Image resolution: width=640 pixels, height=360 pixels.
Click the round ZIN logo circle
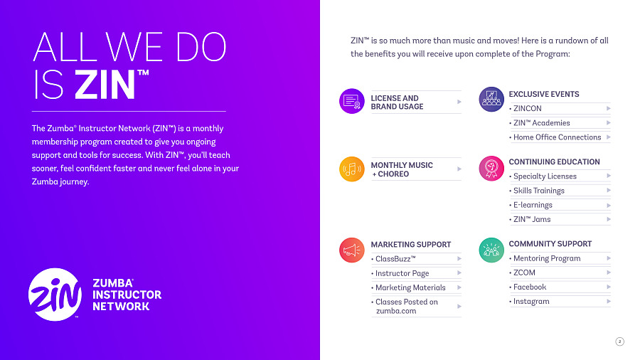pos(55,295)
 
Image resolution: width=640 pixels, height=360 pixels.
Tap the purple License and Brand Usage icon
pos(352,101)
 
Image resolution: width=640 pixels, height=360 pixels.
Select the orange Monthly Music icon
pos(352,169)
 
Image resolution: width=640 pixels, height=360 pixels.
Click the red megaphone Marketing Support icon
pos(352,250)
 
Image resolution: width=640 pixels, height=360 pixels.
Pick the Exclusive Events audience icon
pos(491,99)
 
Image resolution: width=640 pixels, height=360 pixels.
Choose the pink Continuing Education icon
pos(491,168)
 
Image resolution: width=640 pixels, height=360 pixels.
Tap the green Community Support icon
pos(491,250)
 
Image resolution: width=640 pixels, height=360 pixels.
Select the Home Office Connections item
pos(555,137)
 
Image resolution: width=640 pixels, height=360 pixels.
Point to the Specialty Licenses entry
pos(543,176)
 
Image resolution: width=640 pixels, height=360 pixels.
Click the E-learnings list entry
pos(530,205)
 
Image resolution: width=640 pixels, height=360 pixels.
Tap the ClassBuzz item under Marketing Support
pos(394,259)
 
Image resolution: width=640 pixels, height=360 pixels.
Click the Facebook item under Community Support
pos(528,287)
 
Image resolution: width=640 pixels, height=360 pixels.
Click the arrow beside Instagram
pos(608,301)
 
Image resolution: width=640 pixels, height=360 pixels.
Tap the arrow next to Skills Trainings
pos(608,191)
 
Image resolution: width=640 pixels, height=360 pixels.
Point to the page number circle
pos(619,342)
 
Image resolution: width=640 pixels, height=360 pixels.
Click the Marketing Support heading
pos(410,245)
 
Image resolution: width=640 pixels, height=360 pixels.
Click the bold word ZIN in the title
pos(105,85)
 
